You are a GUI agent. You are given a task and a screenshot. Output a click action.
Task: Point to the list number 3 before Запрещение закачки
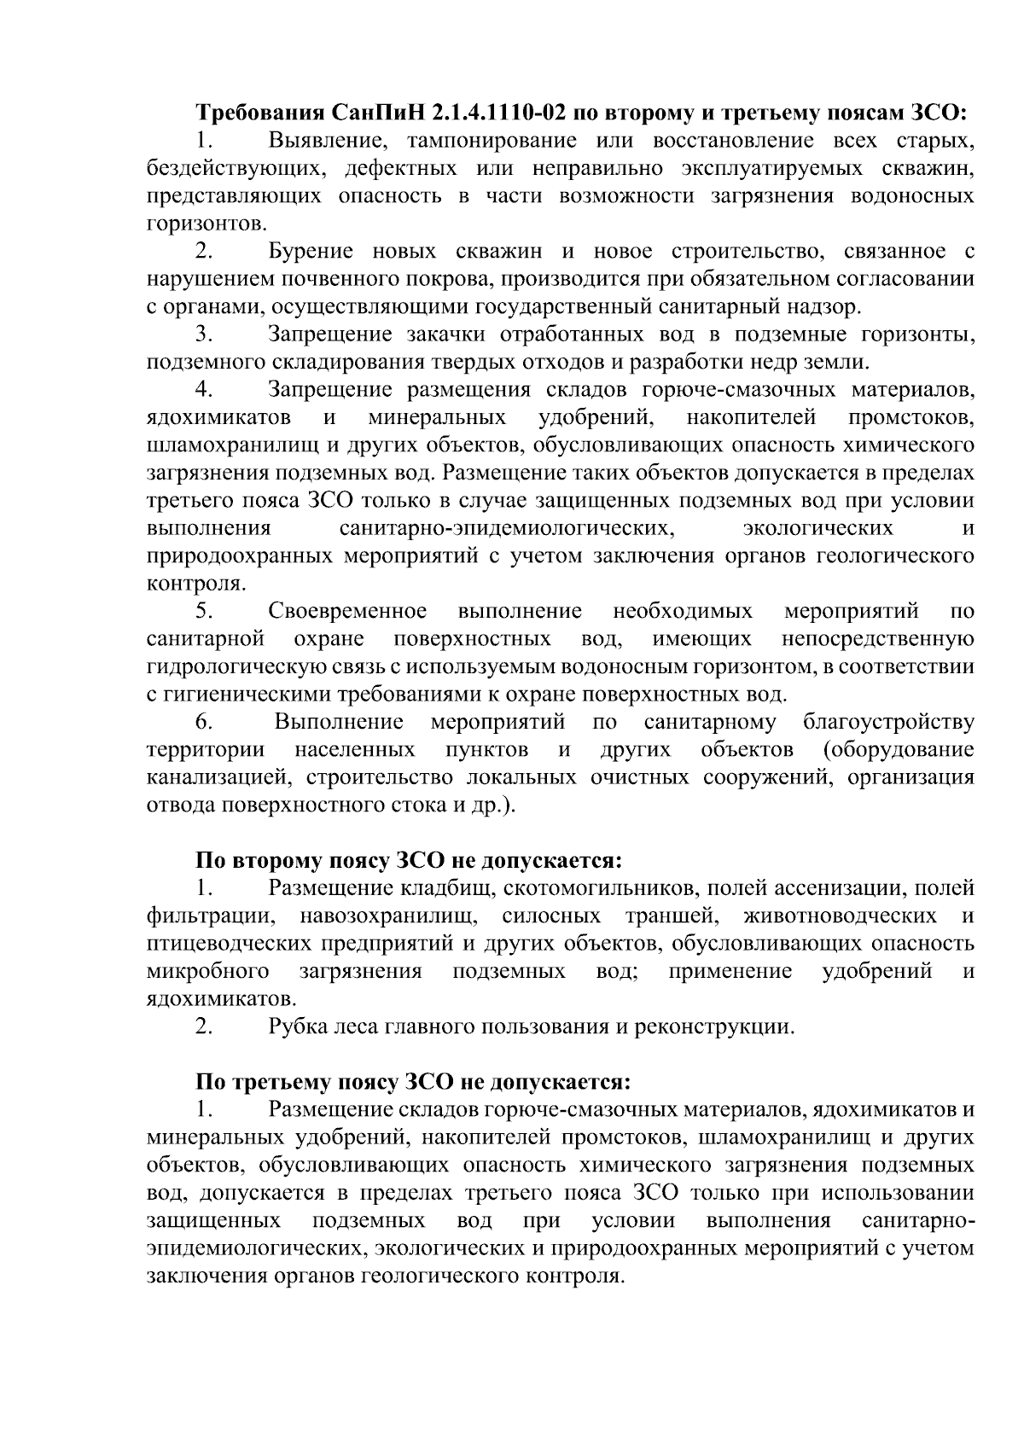click(203, 334)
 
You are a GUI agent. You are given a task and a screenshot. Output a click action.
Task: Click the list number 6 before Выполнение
click(203, 722)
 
